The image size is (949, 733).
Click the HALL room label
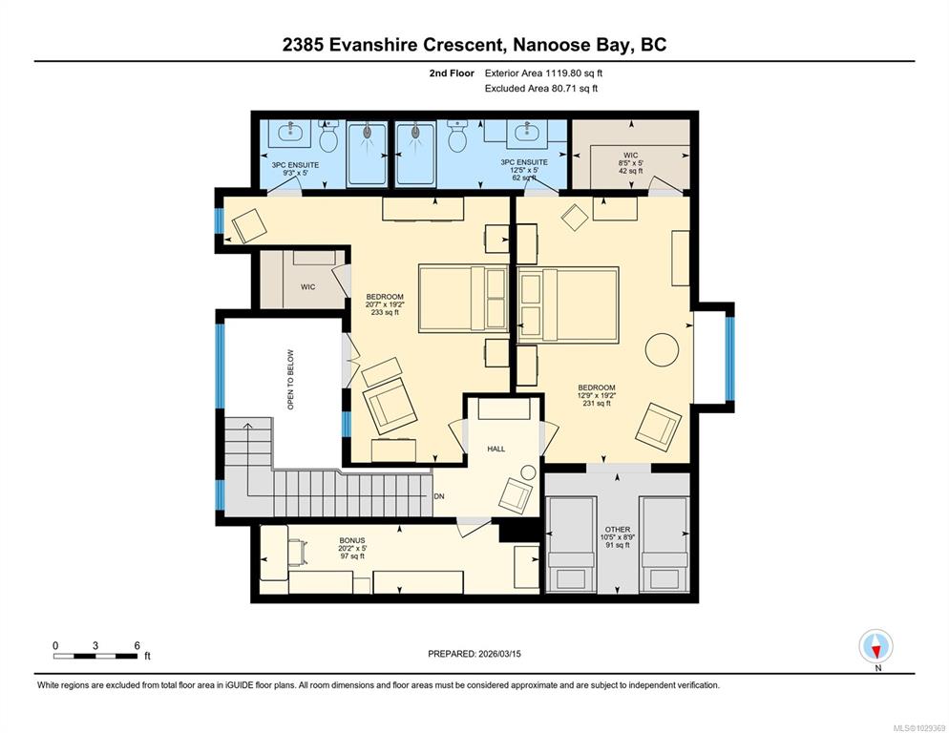click(x=496, y=449)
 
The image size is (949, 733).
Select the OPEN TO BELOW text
click(x=290, y=380)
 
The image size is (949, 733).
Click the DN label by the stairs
click(x=439, y=496)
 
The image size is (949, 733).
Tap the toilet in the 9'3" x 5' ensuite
click(x=328, y=136)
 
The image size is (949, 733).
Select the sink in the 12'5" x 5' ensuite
click(x=525, y=133)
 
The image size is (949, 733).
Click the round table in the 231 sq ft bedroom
click(x=663, y=349)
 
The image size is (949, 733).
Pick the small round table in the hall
click(x=529, y=472)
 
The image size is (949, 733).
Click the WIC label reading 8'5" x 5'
click(x=631, y=163)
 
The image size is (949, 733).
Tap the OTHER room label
click(x=618, y=537)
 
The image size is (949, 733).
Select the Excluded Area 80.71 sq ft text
click(x=541, y=89)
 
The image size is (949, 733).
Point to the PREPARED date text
click(x=474, y=654)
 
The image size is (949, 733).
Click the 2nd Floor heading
click(x=452, y=73)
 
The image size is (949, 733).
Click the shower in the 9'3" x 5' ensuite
click(x=368, y=154)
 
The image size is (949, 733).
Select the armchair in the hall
click(x=515, y=495)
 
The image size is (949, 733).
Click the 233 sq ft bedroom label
click(x=385, y=304)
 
